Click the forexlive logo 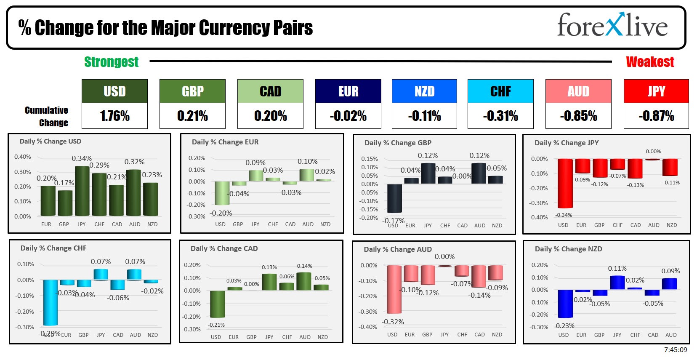[612, 25]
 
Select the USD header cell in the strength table [114, 91]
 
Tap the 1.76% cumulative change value [114, 116]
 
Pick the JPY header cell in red [656, 91]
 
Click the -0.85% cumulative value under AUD [578, 116]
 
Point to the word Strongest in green [111, 62]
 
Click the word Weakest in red [650, 62]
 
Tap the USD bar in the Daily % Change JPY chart [565, 183]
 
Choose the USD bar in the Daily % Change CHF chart [51, 302]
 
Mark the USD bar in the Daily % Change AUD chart [394, 289]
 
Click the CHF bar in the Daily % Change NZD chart [635, 288]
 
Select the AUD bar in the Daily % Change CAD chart [303, 281]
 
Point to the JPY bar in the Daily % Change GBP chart [428, 173]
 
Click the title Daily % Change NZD [568, 249]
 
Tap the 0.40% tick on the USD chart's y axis [23, 157]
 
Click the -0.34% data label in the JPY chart [563, 215]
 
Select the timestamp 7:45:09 [676, 350]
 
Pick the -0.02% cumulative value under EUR [348, 116]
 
